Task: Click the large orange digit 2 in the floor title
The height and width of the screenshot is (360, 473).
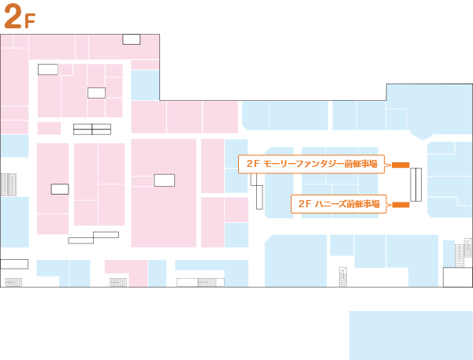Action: click(x=13, y=17)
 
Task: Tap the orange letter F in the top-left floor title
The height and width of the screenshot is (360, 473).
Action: click(x=30, y=21)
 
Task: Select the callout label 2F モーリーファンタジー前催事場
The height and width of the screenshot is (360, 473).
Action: click(x=311, y=164)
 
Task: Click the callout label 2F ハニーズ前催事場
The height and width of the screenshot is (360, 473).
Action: click(x=339, y=204)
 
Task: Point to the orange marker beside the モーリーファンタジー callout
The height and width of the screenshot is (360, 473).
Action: click(x=400, y=165)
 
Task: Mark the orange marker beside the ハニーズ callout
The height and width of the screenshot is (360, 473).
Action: click(x=400, y=205)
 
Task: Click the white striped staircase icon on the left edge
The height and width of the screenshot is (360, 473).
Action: click(x=9, y=185)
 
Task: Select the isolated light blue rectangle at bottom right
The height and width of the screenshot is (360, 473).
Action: click(x=410, y=335)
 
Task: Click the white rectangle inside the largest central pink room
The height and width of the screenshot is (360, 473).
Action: click(x=164, y=180)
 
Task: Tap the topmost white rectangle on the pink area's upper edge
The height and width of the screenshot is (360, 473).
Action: click(x=131, y=39)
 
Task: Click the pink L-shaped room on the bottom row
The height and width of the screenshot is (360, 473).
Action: click(x=126, y=269)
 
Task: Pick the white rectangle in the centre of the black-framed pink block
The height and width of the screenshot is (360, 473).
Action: click(x=96, y=93)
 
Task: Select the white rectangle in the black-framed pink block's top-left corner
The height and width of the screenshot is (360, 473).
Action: click(x=48, y=69)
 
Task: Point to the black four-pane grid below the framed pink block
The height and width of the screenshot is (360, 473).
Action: click(x=92, y=128)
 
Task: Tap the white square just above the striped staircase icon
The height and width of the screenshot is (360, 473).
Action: click(x=6, y=165)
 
